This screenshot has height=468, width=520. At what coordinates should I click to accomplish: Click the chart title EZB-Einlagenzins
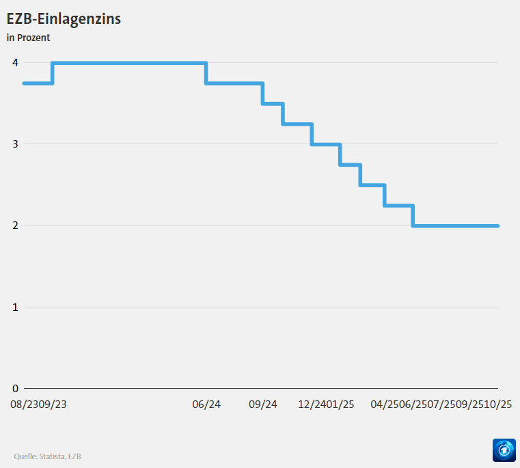tap(64, 19)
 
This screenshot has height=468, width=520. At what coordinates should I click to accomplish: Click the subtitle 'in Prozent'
tap(28, 38)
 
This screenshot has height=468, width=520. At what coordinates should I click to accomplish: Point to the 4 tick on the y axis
tap(15, 63)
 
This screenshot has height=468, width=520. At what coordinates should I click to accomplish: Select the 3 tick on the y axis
tap(15, 144)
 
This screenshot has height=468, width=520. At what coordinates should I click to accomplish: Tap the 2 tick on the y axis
tap(15, 225)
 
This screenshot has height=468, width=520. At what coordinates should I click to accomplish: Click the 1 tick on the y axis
tap(15, 307)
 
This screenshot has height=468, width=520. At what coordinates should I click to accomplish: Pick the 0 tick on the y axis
tap(15, 388)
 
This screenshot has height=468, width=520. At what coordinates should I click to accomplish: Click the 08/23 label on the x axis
tap(24, 404)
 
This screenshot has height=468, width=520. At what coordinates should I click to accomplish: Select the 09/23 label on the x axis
tap(53, 404)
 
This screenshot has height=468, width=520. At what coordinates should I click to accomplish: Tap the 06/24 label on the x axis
tap(206, 404)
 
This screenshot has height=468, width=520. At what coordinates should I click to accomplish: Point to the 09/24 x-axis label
tap(263, 404)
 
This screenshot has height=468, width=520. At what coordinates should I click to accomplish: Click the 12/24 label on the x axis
tap(312, 404)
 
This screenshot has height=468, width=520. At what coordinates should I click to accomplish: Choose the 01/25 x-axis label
tap(340, 404)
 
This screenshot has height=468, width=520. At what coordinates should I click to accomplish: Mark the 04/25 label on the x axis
tap(384, 404)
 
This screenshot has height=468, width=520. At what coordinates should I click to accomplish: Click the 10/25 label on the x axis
tap(498, 404)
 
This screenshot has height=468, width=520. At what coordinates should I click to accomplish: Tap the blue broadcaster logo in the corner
tap(504, 451)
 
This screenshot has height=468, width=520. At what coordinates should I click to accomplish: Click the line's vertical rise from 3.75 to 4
tap(53, 73)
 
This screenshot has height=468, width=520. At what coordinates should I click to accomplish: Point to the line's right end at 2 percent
tap(497, 225)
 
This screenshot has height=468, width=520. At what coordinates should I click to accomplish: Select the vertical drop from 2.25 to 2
tap(413, 215)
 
